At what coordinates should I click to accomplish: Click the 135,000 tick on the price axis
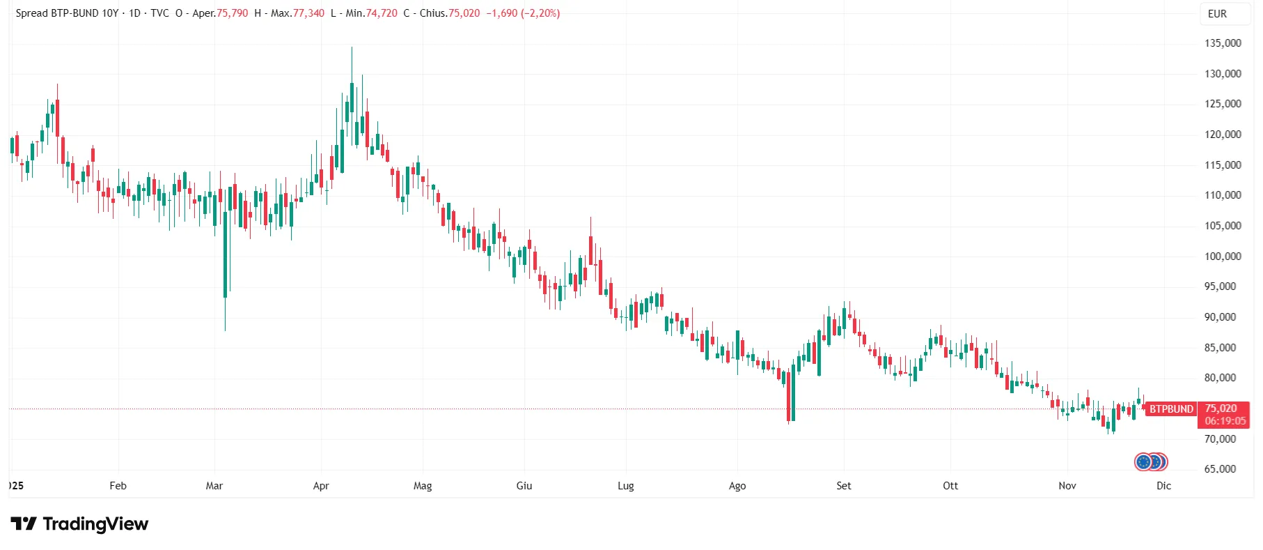click(x=1223, y=43)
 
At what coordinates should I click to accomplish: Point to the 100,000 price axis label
click(x=1223, y=256)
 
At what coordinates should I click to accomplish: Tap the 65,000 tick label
click(x=1221, y=469)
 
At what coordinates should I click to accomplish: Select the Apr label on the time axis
click(x=321, y=486)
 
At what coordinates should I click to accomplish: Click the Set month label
click(x=844, y=486)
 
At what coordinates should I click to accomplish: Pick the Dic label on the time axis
click(x=1164, y=486)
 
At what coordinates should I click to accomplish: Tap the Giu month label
click(x=524, y=486)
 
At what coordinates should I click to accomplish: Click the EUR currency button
click(x=1218, y=14)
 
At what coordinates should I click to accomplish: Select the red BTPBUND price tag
click(x=1171, y=409)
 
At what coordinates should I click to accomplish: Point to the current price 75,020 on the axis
click(x=1221, y=408)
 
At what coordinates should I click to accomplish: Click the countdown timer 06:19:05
click(x=1225, y=421)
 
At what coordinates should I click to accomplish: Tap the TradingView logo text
click(x=95, y=524)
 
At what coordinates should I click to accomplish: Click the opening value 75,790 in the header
click(x=233, y=13)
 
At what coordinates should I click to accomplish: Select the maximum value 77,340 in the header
click(x=308, y=13)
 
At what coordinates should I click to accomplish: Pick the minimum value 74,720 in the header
click(x=382, y=13)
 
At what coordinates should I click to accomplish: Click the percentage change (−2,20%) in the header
click(x=540, y=13)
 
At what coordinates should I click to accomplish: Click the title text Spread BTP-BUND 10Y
click(x=67, y=13)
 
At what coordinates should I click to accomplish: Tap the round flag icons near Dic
click(x=1151, y=461)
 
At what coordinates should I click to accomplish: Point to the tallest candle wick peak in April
click(x=352, y=47)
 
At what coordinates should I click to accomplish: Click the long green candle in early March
click(x=226, y=254)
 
